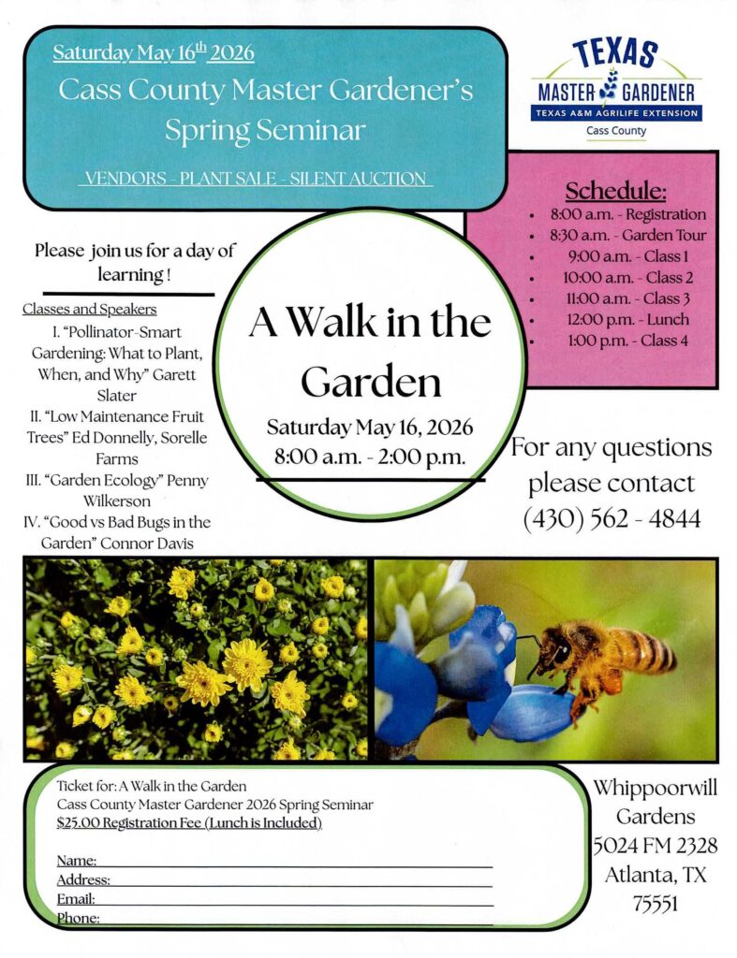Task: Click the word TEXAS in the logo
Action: point(614,53)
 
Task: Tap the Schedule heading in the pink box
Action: point(615,191)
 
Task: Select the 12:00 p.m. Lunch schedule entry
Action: point(627,320)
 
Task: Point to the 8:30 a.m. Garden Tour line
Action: point(627,235)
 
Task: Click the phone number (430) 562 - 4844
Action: point(612,518)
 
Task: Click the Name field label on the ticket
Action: point(77,861)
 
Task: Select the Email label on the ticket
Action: point(76,899)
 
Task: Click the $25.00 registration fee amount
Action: point(78,823)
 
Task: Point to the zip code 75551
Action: point(655,904)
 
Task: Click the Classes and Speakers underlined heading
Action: point(89,309)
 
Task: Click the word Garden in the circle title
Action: point(371,383)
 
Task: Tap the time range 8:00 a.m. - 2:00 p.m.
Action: point(370,457)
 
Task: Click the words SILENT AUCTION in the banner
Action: point(358,179)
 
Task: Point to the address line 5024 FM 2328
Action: point(655,846)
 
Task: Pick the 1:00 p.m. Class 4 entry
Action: point(627,341)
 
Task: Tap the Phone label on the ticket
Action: point(78,919)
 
